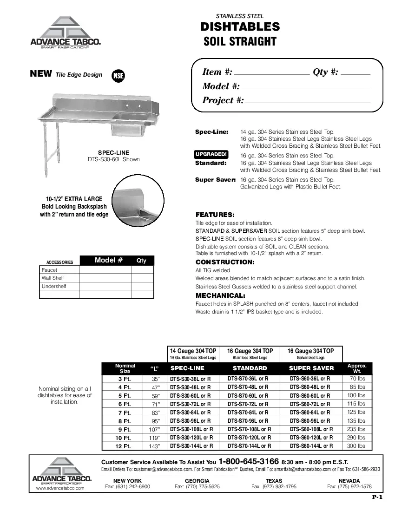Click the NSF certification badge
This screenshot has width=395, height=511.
click(118, 76)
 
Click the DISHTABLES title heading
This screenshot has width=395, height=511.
click(240, 27)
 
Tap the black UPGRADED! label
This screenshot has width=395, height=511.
click(211, 155)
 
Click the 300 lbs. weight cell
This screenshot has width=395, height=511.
click(357, 446)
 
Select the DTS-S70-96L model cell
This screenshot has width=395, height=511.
click(248, 420)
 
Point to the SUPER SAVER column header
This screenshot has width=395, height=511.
click(311, 368)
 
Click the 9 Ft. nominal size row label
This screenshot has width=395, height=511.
click(125, 429)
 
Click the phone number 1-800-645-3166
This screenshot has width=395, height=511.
click(249, 462)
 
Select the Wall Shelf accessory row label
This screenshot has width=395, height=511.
click(53, 278)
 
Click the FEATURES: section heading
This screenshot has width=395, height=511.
click(215, 215)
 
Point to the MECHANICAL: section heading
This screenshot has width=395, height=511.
click(220, 295)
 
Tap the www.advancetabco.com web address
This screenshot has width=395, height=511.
click(60, 488)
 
